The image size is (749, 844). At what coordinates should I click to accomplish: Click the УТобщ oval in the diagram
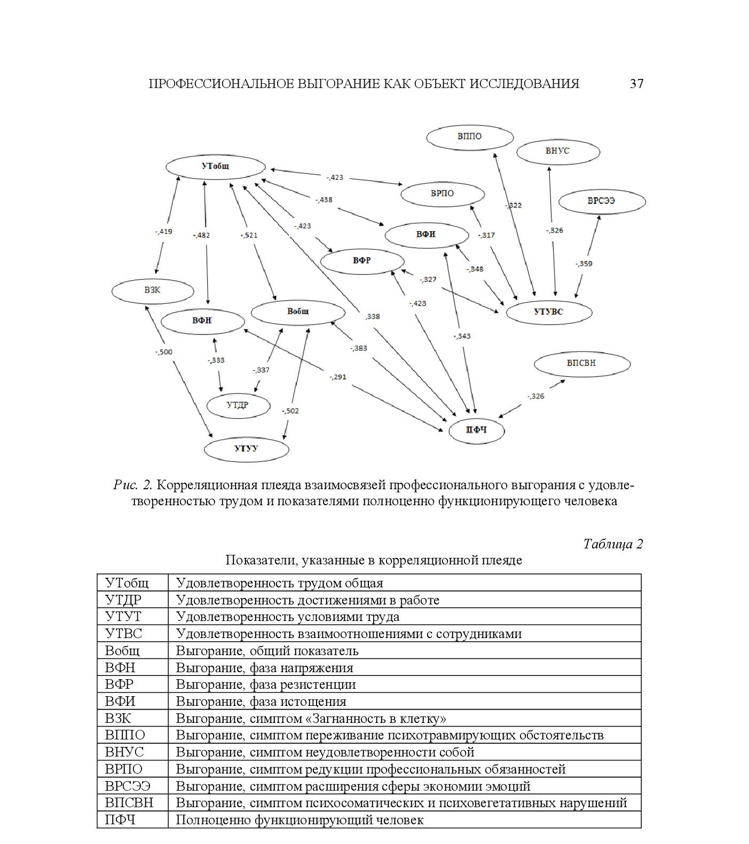tap(215, 166)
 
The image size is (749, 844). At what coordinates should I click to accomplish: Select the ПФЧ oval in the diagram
tap(476, 430)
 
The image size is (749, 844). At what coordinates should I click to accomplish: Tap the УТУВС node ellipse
tap(548, 312)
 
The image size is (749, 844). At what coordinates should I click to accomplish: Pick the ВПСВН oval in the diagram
tap(581, 363)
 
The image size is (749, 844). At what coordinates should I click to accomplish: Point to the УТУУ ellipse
tap(246, 449)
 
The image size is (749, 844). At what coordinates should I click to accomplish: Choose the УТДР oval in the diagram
tap(238, 405)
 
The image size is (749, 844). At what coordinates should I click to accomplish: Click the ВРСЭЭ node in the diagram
tap(601, 201)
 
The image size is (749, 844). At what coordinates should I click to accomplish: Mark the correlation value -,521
tap(249, 235)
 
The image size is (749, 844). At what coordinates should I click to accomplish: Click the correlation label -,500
tap(164, 352)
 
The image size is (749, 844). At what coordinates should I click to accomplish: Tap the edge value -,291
tap(338, 377)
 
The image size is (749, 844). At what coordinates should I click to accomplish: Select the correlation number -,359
tap(584, 264)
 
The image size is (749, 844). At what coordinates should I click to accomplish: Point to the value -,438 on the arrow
tap(324, 200)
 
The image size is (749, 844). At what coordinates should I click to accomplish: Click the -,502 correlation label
tap(290, 411)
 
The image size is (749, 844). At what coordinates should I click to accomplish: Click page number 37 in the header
tap(636, 84)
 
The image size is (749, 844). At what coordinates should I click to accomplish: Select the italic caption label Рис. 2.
tap(133, 485)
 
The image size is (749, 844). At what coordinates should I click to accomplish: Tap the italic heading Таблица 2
tap(612, 544)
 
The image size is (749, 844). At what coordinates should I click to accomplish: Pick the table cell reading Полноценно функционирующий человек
tap(299, 819)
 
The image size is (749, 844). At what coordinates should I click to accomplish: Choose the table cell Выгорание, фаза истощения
tap(261, 701)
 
